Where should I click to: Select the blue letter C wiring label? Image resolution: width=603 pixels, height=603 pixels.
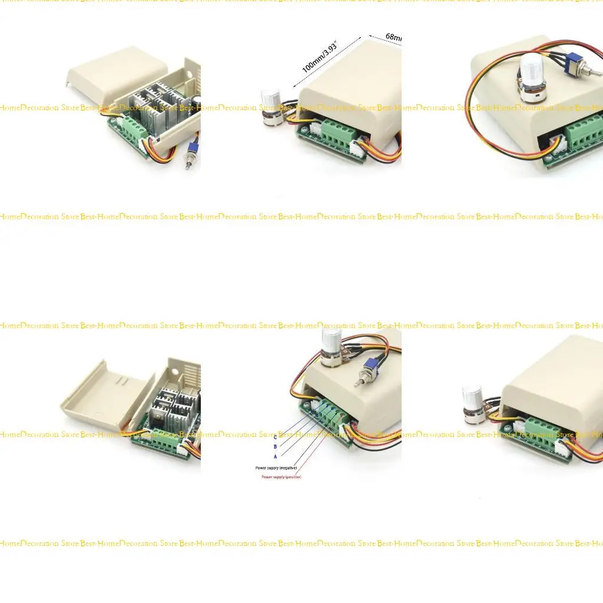275,437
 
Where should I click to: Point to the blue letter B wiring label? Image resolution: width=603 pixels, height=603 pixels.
275,446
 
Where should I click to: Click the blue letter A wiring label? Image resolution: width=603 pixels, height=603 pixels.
275,456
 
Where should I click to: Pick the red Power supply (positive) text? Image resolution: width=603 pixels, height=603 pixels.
281,477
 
